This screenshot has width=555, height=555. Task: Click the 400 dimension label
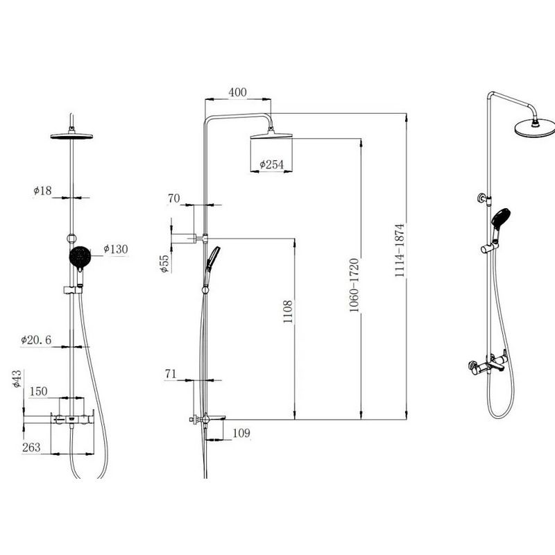click(237, 92)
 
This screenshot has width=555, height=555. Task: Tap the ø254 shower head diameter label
click(271, 164)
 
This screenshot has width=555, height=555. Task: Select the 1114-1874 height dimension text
click(400, 250)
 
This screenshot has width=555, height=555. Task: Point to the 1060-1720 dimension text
click(355, 285)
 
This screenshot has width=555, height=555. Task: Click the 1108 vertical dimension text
click(288, 311)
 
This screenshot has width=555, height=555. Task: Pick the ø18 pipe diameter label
click(42, 191)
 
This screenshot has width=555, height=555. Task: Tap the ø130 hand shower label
click(115, 249)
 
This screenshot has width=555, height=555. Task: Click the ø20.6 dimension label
click(36, 340)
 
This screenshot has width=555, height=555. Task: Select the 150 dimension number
click(38, 391)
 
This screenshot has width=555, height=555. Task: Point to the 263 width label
click(31, 447)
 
